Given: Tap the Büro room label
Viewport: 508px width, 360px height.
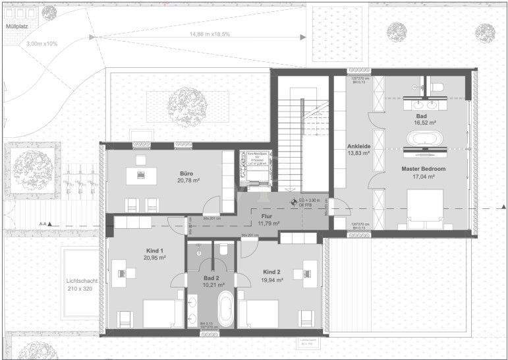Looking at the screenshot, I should [x=186, y=175].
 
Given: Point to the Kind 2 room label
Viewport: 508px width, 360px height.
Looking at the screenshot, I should [x=271, y=272].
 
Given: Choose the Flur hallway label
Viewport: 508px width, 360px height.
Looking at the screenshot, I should [x=266, y=216].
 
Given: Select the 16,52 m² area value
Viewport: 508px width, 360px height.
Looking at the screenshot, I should [x=422, y=123].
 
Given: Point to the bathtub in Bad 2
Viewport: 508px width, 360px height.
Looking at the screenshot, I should [x=225, y=309].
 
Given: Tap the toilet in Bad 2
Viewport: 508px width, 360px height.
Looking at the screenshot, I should [x=224, y=249].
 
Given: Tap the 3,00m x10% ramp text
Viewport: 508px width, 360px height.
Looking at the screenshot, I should [x=42, y=44].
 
